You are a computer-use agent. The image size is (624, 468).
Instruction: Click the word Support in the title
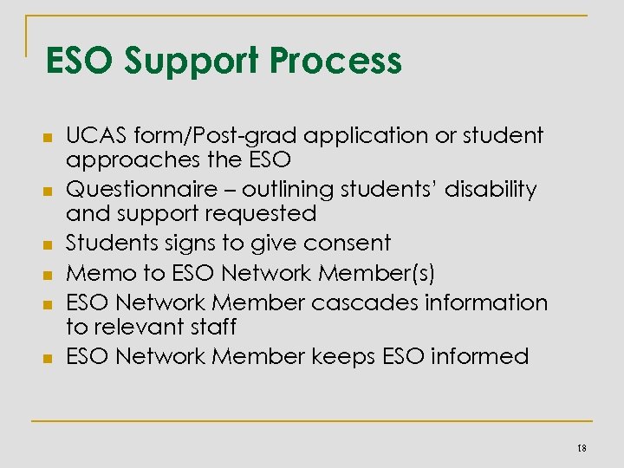192,62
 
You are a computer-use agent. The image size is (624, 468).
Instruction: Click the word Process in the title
336,62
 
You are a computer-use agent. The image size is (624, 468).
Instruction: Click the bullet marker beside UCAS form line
49,137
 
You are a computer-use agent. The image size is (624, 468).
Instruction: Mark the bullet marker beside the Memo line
49,275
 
